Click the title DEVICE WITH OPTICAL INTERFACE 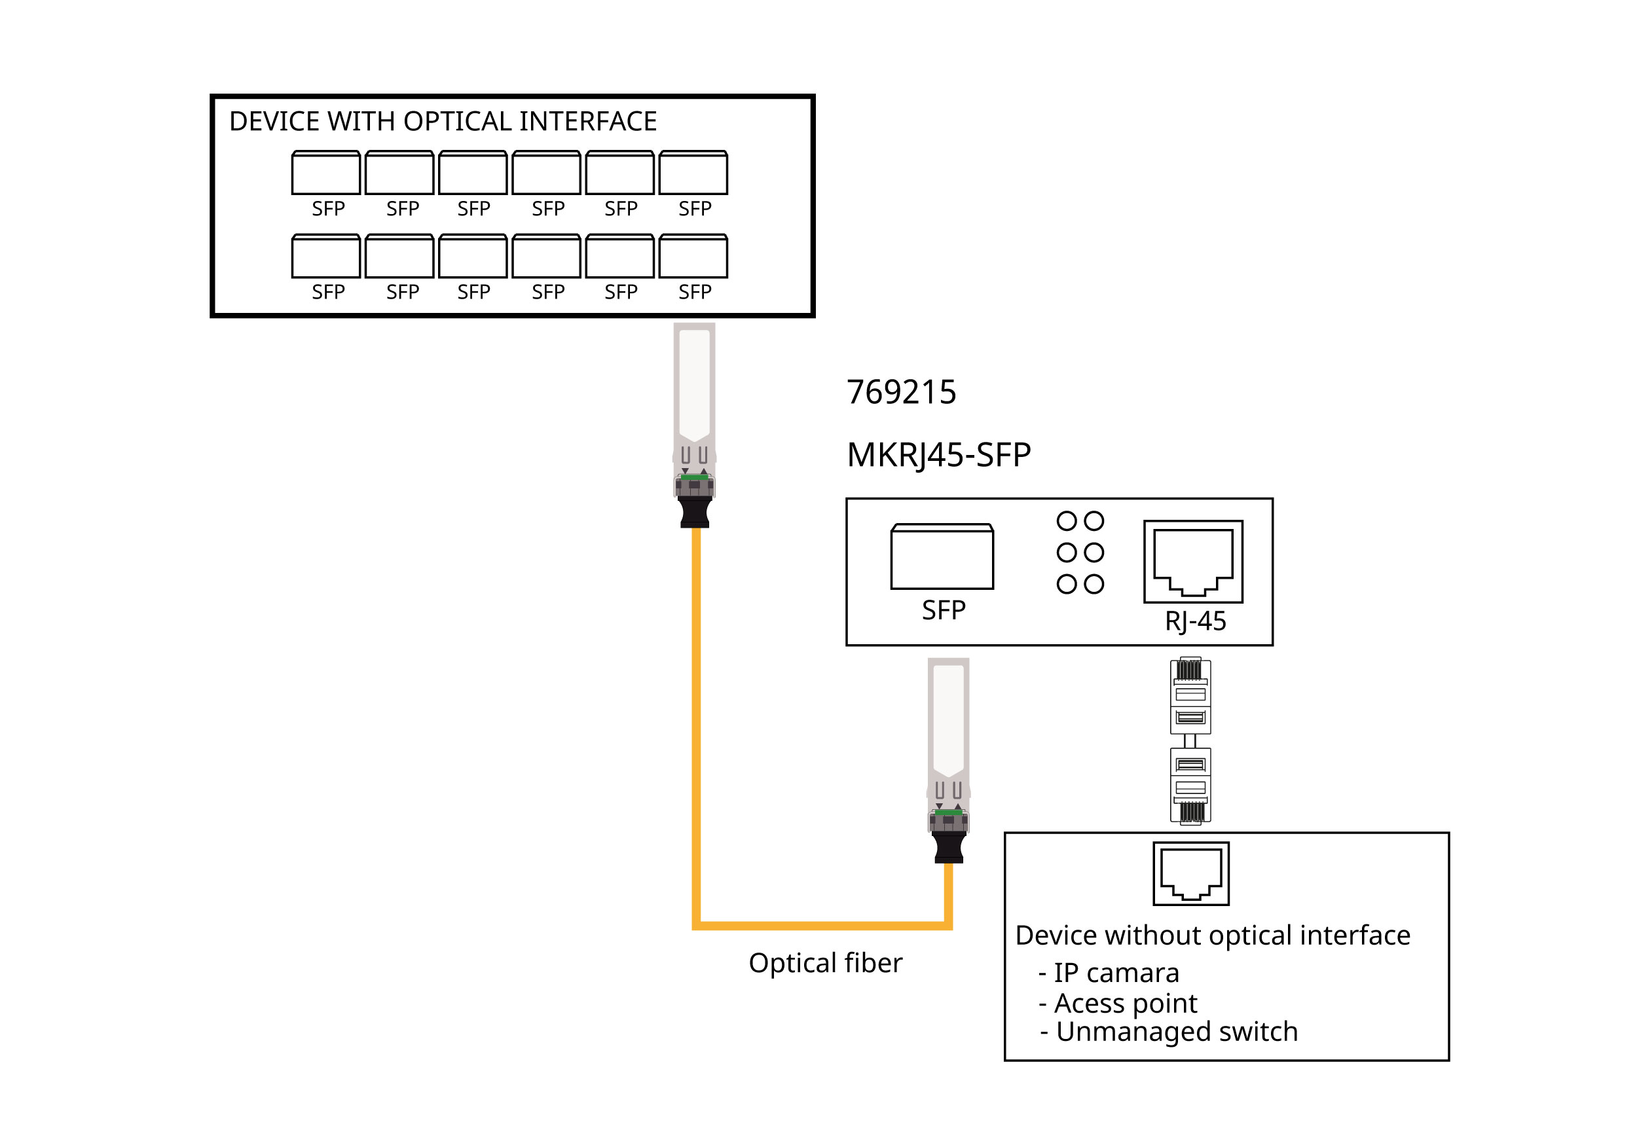(443, 122)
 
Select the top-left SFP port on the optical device (326, 173)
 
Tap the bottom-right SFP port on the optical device (693, 257)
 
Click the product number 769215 (901, 393)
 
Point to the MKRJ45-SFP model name (938, 455)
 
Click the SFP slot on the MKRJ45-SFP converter (942, 558)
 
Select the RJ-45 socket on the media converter (1193, 562)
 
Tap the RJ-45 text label (1195, 621)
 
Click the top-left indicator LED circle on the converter (1066, 521)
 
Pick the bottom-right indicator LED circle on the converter (1094, 585)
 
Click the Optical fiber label (825, 963)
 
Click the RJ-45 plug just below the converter (1190, 696)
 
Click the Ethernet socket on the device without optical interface (1190, 874)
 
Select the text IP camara (1116, 973)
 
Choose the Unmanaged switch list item (1177, 1032)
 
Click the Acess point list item (1125, 1003)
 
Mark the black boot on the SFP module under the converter (948, 848)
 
